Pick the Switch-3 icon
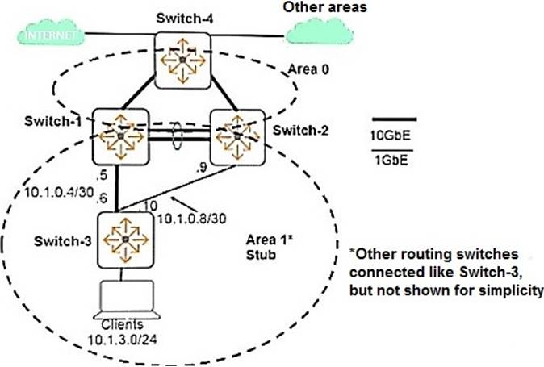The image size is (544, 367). pyautogui.click(x=124, y=239)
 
